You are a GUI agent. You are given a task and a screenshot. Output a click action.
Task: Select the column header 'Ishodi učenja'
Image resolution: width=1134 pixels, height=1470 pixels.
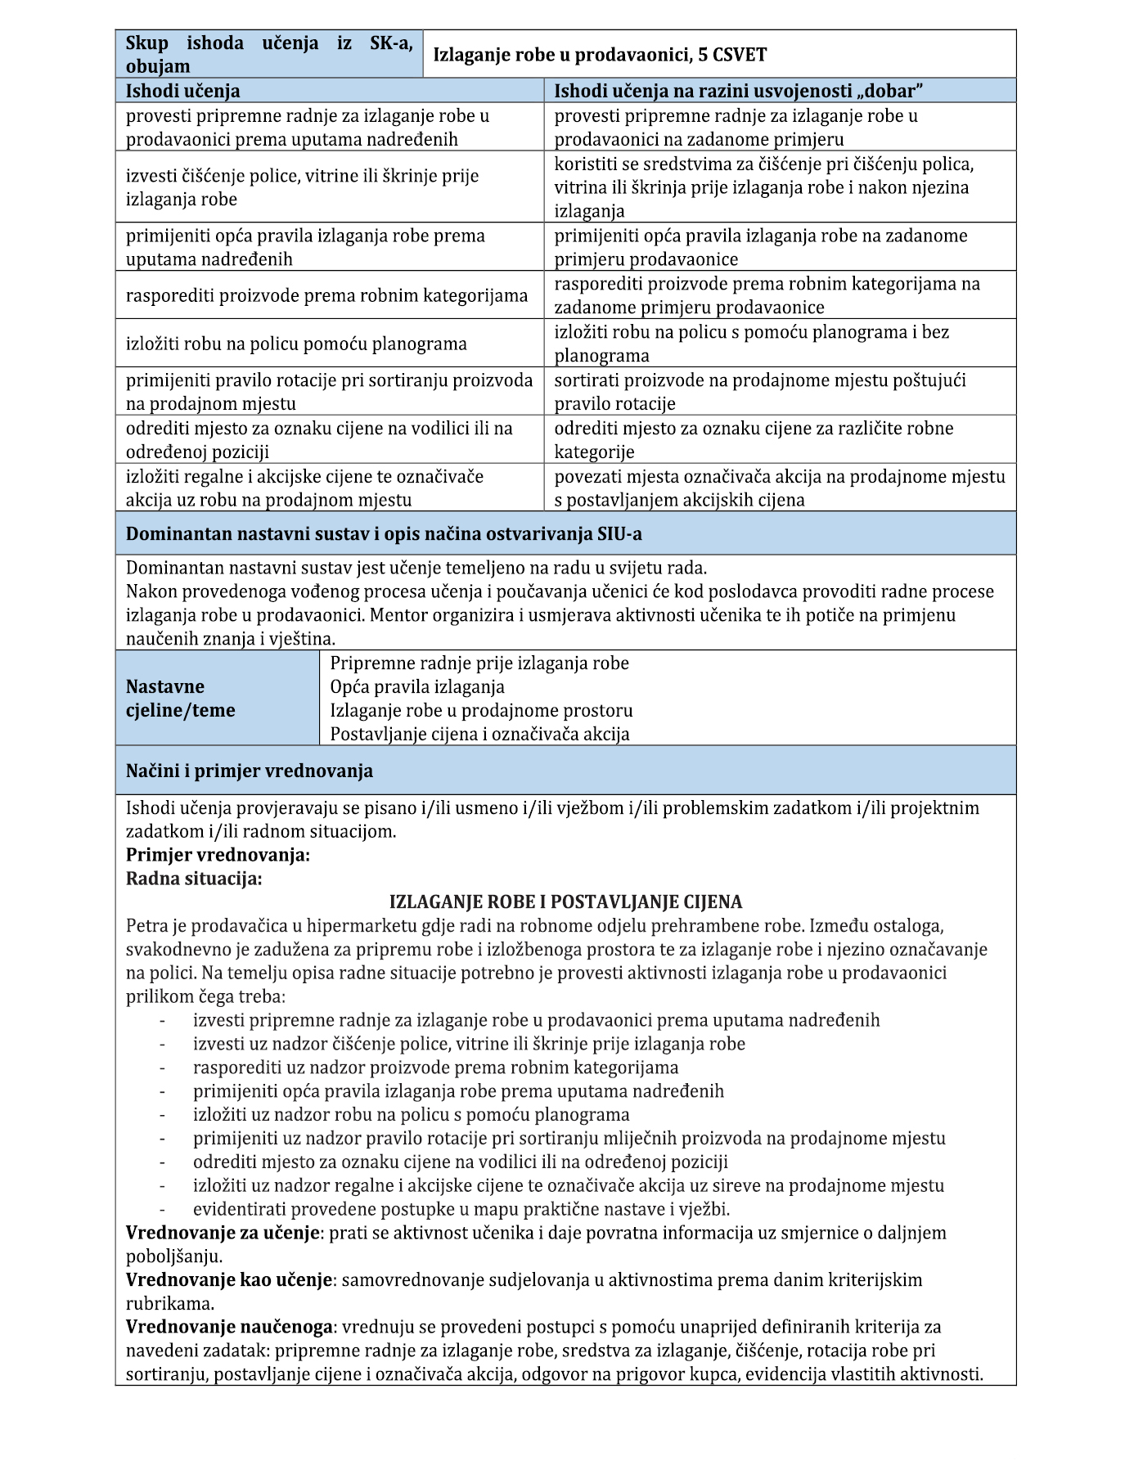coord(182,91)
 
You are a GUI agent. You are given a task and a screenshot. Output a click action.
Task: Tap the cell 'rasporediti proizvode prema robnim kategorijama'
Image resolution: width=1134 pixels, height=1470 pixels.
coord(326,295)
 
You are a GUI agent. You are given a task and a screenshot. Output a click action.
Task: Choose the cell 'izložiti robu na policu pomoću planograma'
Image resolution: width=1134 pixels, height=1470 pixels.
coord(296,344)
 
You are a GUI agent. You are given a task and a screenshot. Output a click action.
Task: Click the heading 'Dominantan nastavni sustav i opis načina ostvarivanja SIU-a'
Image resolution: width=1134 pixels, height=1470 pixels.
coord(384,534)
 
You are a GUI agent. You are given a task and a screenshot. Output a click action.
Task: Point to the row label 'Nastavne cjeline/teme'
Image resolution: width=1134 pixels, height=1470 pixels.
coord(180,699)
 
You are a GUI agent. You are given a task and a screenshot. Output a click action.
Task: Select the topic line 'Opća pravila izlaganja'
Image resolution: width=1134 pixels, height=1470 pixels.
coord(417,687)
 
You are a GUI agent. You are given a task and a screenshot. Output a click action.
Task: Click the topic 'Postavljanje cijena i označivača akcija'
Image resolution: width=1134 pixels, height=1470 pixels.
coord(479,735)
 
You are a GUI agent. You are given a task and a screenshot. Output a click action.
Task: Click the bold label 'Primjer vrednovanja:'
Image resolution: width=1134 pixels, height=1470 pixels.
coord(218,856)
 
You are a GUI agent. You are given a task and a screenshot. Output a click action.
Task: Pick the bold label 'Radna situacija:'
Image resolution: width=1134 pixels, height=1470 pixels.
coord(194,879)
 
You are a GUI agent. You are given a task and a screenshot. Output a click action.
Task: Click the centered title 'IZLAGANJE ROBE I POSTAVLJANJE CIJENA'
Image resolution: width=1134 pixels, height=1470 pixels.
coord(565,902)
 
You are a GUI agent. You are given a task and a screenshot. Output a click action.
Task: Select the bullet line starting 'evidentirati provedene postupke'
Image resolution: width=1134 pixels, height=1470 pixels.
coord(461,1209)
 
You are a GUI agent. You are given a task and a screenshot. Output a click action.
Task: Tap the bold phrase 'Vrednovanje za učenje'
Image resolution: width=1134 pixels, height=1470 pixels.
coord(222,1233)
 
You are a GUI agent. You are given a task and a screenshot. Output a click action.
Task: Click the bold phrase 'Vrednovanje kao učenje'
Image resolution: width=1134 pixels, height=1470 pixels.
coord(230,1280)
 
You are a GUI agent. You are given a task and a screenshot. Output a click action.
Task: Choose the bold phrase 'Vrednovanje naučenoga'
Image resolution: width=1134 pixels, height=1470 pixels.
coord(230,1327)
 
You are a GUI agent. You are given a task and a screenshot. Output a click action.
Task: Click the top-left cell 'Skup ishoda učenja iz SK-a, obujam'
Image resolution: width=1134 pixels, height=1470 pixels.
coord(269,55)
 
